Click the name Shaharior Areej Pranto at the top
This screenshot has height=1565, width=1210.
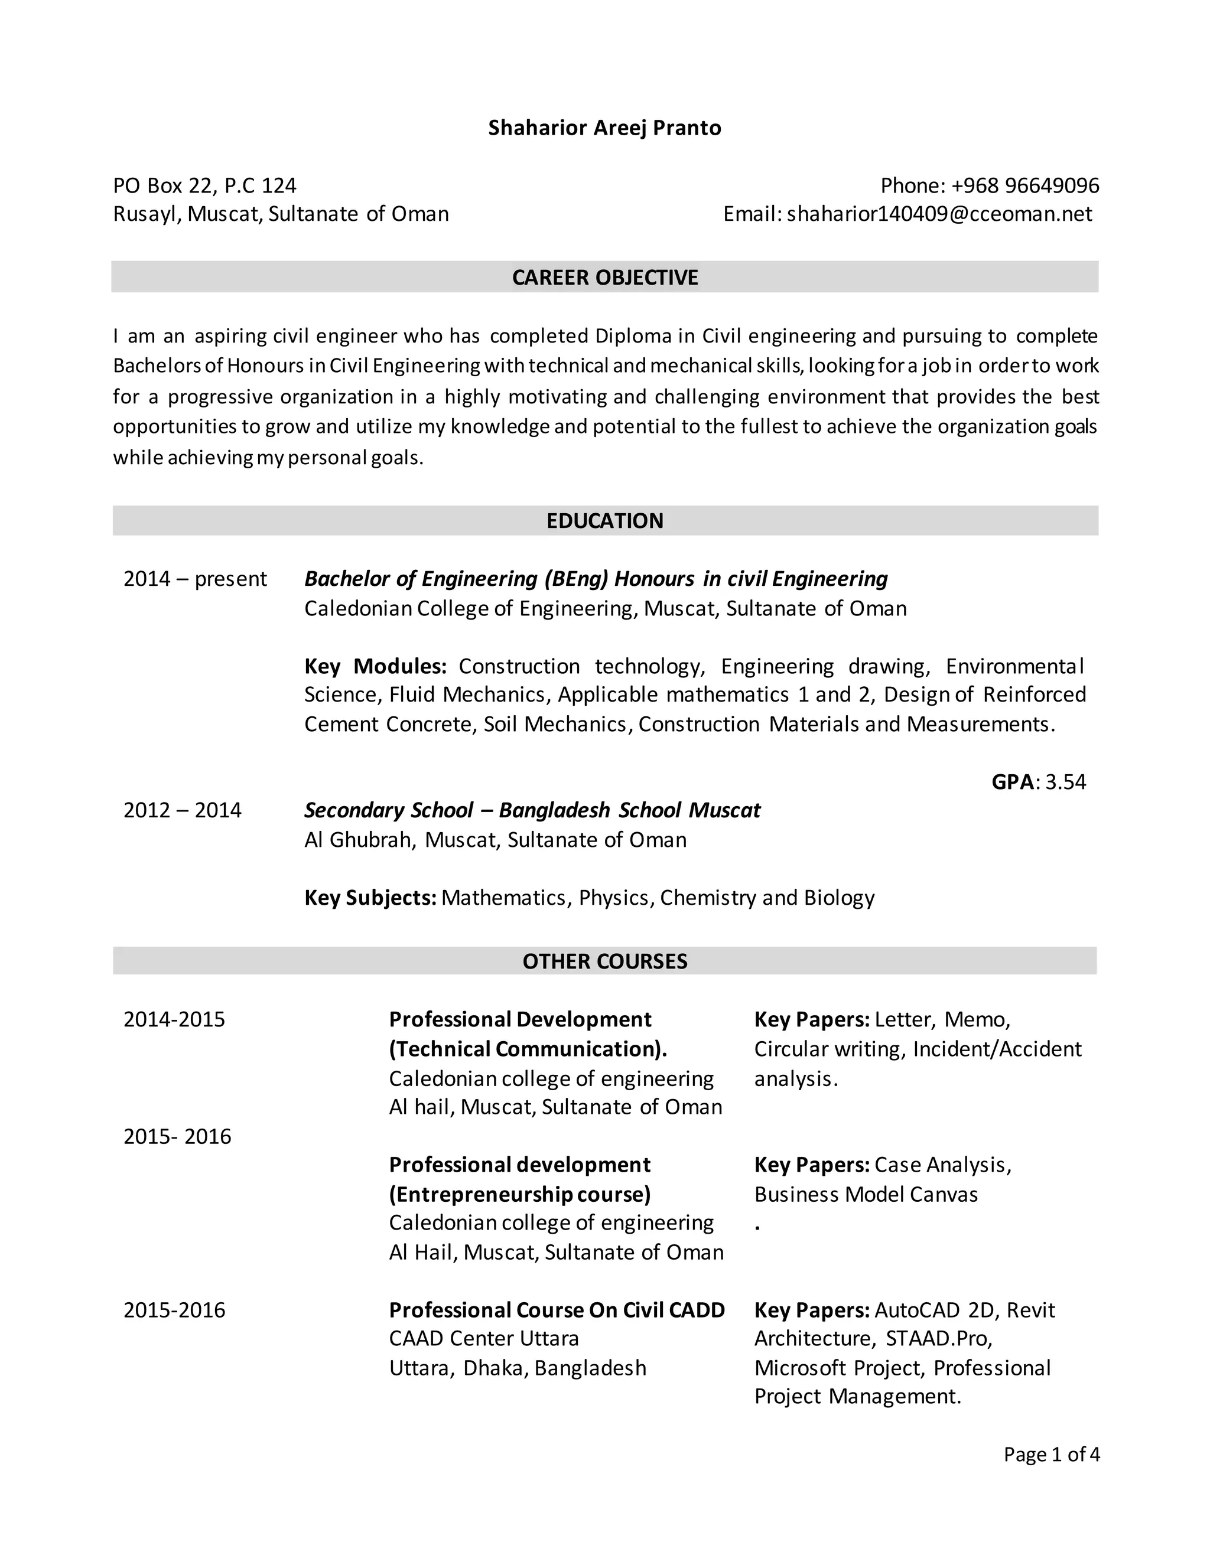coord(604,128)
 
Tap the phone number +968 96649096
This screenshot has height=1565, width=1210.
coord(1024,185)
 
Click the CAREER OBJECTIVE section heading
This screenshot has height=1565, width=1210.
coord(604,278)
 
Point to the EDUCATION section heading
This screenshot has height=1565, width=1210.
coord(604,521)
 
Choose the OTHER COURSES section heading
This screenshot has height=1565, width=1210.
coord(604,961)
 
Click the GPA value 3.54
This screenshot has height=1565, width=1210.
coord(1065,782)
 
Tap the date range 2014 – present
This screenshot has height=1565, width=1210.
coord(194,579)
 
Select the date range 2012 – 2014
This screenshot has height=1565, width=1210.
coord(182,810)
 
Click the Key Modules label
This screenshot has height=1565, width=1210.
coord(375,666)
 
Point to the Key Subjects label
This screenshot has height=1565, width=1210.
coord(370,898)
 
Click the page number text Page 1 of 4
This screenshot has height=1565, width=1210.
coord(1051,1454)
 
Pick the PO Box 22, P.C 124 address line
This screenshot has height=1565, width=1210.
coord(204,185)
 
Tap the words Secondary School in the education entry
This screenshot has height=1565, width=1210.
coord(388,810)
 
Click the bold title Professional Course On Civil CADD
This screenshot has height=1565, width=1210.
coord(556,1310)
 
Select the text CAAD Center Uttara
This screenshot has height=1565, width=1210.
coord(483,1339)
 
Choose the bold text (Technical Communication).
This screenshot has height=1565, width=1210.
coord(528,1049)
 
